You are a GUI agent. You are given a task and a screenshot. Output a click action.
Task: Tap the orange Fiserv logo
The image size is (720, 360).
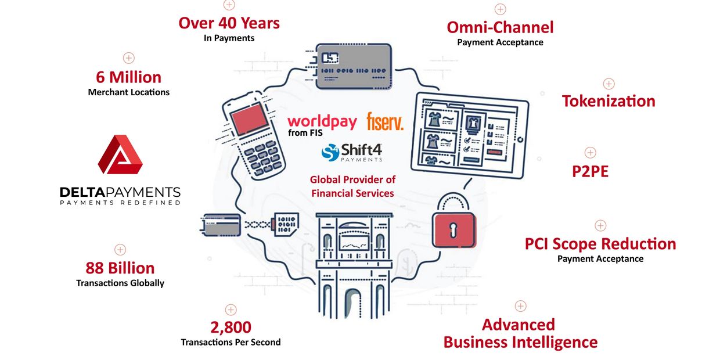[x=384, y=121]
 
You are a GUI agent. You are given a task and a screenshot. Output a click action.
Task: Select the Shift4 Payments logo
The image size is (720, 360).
[x=352, y=152]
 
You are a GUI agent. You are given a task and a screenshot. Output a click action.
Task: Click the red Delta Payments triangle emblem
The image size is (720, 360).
[x=120, y=154]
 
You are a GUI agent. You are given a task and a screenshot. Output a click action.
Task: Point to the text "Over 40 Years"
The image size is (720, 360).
[x=229, y=23]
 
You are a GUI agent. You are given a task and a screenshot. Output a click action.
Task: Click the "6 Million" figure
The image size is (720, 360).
[x=128, y=77]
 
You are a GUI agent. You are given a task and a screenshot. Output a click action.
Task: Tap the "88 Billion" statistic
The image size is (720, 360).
[x=120, y=268]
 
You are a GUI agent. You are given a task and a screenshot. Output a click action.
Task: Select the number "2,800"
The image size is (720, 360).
[x=231, y=327]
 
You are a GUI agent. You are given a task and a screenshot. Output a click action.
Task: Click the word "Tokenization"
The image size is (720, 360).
[x=608, y=101]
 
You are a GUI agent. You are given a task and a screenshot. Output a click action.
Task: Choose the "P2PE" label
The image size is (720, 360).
[x=590, y=172]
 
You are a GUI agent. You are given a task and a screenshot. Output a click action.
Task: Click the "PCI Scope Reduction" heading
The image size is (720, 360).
[x=600, y=244]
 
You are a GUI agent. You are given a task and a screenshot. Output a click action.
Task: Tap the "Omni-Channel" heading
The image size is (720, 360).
[x=499, y=27]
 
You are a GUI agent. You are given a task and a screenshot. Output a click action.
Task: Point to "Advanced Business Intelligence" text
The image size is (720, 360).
[x=520, y=333]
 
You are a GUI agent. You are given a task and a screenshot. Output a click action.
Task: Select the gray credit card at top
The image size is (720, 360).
[x=351, y=67]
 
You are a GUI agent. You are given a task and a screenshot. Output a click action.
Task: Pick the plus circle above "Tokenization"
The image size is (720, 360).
[x=609, y=84]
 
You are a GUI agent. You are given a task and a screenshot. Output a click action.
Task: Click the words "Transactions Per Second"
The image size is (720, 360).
[x=231, y=342]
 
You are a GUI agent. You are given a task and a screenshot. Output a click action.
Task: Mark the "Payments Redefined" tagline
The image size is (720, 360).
[x=120, y=203]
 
